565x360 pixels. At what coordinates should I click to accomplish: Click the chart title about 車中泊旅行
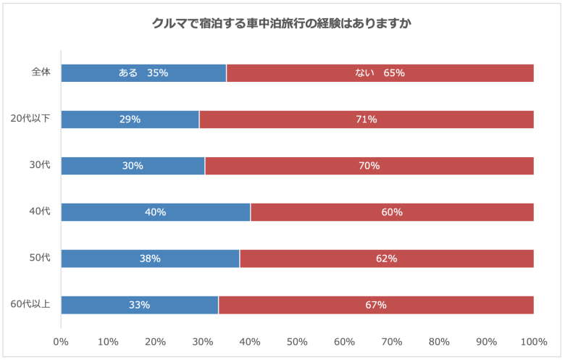[x=282, y=23]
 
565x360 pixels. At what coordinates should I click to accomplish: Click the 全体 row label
[x=41, y=73]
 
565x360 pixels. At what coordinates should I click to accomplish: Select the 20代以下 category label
[x=30, y=120]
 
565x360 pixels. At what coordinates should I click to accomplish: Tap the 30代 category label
[x=39, y=166]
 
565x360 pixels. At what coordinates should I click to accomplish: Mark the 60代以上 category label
[x=30, y=305]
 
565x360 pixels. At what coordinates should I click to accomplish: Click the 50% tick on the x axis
[x=297, y=342]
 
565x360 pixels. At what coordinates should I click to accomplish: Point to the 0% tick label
[x=61, y=342]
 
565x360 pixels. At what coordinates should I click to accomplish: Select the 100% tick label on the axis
[x=534, y=342]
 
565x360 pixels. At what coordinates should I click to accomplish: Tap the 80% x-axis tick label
[x=439, y=342]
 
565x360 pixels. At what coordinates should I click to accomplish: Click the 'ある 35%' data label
[x=143, y=73]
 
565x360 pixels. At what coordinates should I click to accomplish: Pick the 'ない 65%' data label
[x=380, y=73]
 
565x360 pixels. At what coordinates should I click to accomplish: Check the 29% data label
[x=130, y=120]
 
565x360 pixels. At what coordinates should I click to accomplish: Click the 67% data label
[x=376, y=305]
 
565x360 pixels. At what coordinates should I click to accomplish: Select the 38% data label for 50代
[x=150, y=259]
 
